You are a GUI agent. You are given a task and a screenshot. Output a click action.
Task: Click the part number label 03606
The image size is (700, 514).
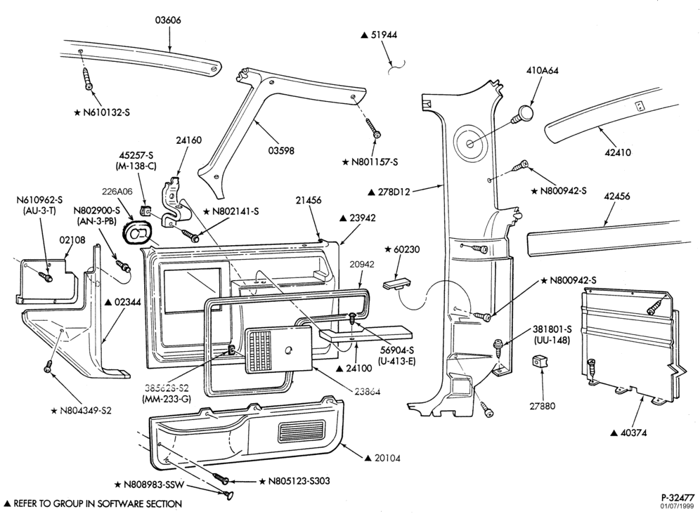click(168, 20)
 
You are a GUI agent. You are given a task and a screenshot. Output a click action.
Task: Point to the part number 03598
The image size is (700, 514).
click(281, 151)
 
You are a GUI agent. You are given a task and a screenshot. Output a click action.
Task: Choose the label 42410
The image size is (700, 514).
click(618, 152)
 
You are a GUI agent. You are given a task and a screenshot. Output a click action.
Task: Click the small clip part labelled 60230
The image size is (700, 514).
click(396, 284)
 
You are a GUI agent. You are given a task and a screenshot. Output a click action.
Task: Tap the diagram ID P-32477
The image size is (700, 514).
click(678, 497)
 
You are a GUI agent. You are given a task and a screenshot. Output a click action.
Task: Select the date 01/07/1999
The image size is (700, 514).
click(678, 506)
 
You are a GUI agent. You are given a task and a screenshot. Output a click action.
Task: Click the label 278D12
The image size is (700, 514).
click(389, 192)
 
